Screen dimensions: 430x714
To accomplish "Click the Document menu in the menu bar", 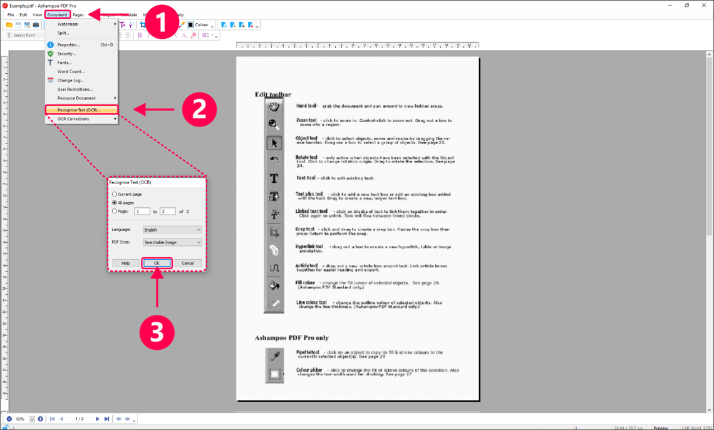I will click(x=57, y=14).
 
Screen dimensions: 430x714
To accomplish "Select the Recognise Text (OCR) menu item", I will click(x=79, y=110).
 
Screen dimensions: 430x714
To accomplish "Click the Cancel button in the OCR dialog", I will click(x=187, y=263).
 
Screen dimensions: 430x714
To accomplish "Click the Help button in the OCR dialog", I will click(x=125, y=263).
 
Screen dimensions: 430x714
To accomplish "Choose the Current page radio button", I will click(x=115, y=195).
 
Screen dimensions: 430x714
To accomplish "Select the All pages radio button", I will click(x=115, y=203).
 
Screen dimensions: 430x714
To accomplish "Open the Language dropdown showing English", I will click(x=172, y=230).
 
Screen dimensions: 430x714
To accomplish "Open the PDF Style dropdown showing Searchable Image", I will click(x=172, y=242).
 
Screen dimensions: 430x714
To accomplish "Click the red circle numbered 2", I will click(x=199, y=109).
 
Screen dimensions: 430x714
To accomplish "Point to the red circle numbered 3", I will click(x=157, y=332).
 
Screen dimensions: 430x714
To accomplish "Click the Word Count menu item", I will click(x=71, y=71).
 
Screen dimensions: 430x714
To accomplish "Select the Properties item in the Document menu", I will click(x=69, y=45).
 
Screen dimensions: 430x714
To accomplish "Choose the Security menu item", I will click(x=66, y=54).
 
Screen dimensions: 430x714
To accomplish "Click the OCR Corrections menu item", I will click(x=73, y=119).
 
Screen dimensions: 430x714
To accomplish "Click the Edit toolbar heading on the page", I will click(x=272, y=95).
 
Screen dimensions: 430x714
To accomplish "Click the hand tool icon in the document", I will click(x=274, y=107).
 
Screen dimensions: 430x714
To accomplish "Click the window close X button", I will click(x=703, y=6).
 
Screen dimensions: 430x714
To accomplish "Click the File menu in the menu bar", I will click(x=11, y=14).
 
